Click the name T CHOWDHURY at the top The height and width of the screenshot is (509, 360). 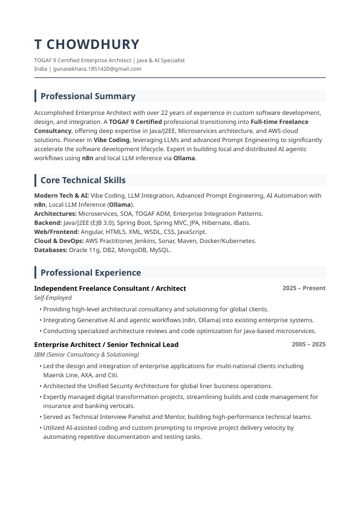tap(87, 44)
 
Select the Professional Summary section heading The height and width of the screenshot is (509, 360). tap(88, 96)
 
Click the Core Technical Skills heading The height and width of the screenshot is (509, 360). tap(83, 180)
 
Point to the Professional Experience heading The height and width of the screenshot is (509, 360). tap(90, 273)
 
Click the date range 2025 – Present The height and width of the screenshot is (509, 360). tap(304, 288)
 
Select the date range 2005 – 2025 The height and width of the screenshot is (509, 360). tap(309, 345)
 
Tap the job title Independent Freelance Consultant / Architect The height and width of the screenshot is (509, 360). tap(110, 288)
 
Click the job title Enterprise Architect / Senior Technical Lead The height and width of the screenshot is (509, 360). tap(106, 345)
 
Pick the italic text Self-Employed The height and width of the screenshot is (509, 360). tap(53, 297)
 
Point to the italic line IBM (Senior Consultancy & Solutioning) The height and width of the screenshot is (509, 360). tap(87, 354)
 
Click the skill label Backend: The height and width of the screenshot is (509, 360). tap(48, 222)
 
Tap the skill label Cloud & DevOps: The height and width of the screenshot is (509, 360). tap(59, 241)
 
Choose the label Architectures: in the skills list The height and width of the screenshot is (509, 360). tap(55, 213)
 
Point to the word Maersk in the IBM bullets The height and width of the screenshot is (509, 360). tap(53, 375)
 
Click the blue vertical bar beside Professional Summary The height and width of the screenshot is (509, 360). tap(36, 96)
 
